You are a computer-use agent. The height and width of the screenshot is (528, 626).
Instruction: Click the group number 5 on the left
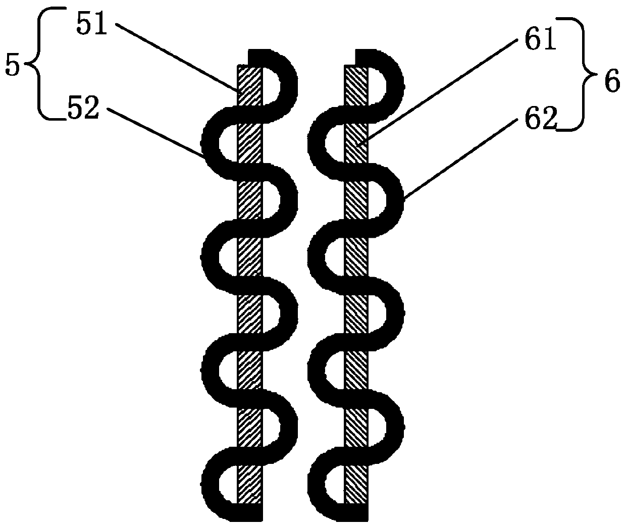tap(12, 66)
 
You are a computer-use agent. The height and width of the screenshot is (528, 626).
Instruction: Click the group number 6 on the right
tap(611, 82)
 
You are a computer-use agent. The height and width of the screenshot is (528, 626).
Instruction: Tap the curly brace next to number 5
tap(39, 65)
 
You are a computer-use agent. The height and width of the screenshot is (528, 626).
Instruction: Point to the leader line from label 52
tap(156, 134)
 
